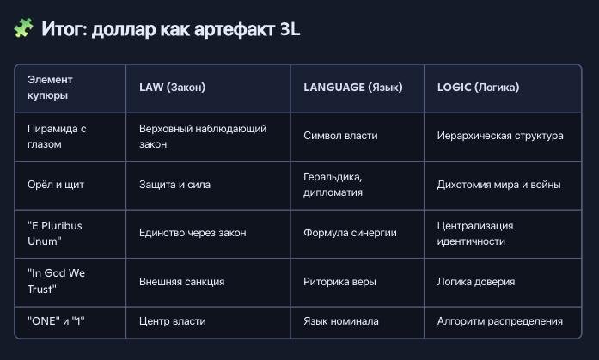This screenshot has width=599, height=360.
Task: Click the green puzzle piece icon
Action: point(23,27)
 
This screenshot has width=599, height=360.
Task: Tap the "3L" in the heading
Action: point(290,29)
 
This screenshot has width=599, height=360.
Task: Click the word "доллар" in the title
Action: point(124,30)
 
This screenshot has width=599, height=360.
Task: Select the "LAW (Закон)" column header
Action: point(172,88)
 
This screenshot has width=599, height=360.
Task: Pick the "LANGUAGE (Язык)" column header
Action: point(353,88)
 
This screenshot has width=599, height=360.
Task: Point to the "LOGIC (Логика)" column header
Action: point(479,88)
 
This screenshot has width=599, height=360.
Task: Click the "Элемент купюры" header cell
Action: point(50,88)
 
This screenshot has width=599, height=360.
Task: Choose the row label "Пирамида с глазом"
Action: point(57,137)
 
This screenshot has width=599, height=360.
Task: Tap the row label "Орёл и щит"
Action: point(56,185)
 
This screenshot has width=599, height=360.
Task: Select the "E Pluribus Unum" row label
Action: point(55,233)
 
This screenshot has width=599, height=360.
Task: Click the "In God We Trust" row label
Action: point(56,281)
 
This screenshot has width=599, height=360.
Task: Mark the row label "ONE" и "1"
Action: point(56,321)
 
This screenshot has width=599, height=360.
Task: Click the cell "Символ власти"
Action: point(340,136)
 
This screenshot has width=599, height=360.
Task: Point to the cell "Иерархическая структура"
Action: point(500,136)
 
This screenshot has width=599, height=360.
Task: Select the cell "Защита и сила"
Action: point(174,185)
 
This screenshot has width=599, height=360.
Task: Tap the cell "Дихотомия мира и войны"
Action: point(499,185)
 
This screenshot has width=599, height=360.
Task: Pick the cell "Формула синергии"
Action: point(350,233)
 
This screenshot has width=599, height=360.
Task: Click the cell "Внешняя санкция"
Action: point(182,282)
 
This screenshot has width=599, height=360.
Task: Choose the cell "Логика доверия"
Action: point(476,282)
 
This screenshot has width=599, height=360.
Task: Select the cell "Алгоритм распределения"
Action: point(499,321)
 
